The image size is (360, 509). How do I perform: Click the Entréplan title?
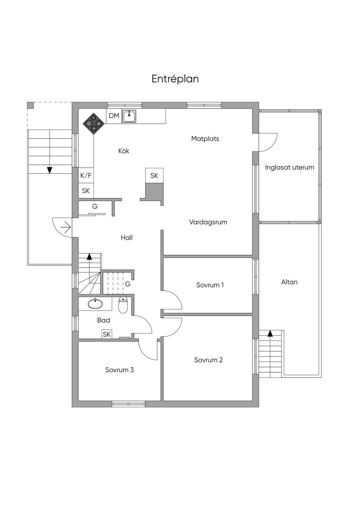(x=175, y=79)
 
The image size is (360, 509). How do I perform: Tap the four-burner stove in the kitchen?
(x=94, y=123)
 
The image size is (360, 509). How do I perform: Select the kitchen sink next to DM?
(x=129, y=116)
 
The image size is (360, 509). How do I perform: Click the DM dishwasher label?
(x=114, y=116)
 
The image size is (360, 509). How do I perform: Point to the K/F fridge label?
(x=86, y=176)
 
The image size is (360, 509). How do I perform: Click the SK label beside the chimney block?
(x=154, y=176)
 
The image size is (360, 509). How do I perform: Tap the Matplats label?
(x=205, y=139)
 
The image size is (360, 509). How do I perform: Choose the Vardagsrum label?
(x=208, y=222)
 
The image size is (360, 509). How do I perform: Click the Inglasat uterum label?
(x=289, y=167)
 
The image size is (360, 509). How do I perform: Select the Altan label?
(x=289, y=282)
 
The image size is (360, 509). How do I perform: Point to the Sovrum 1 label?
(x=210, y=285)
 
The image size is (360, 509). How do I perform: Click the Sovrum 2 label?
(x=208, y=360)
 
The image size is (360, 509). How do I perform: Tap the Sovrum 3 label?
(x=120, y=370)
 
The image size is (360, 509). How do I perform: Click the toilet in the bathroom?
(x=123, y=305)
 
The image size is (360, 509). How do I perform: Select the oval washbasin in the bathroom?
(x=94, y=303)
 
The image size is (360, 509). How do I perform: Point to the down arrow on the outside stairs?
(x=50, y=170)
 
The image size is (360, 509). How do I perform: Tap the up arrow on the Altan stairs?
(x=270, y=333)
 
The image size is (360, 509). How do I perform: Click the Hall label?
(x=127, y=238)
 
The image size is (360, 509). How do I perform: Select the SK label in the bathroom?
(x=107, y=334)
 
